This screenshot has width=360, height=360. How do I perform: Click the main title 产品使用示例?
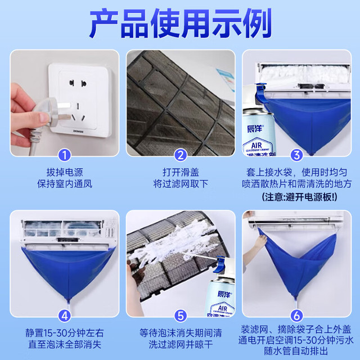click(x=180, y=23)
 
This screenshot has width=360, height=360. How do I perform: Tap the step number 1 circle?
click(x=65, y=155)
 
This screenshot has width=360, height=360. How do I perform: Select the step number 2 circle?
click(x=181, y=155)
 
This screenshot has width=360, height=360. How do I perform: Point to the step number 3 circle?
click(x=296, y=155)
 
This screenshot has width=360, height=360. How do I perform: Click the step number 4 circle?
click(x=65, y=316)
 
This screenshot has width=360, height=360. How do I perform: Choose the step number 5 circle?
click(x=181, y=316)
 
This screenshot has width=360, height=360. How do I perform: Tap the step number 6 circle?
click(x=296, y=316)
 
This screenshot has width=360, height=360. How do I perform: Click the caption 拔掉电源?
click(x=65, y=172)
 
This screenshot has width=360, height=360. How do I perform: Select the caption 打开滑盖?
click(x=181, y=172)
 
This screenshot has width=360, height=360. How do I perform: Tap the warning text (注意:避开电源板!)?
click(x=299, y=197)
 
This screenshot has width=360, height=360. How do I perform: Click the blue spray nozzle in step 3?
click(x=260, y=93)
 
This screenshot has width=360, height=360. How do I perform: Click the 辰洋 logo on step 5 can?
click(x=225, y=294)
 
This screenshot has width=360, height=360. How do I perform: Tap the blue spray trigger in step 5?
click(x=220, y=264)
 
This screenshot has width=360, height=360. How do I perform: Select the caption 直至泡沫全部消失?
click(x=65, y=345)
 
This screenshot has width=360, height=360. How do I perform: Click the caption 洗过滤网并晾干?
click(x=181, y=345)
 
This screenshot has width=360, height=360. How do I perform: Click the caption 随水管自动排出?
click(x=296, y=351)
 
